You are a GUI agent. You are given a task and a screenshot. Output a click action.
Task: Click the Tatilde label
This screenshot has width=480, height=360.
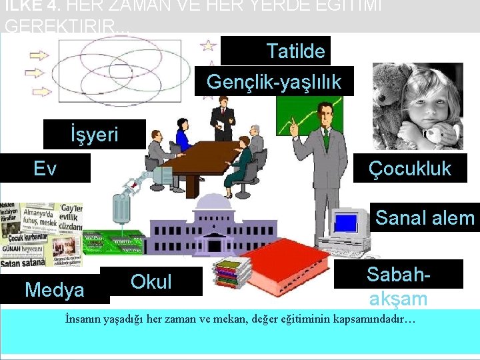coord(277,51)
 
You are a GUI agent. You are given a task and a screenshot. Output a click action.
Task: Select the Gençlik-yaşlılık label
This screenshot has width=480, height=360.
coord(274,82)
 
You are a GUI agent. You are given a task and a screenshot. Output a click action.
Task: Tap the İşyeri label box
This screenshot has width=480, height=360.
coord(94,135)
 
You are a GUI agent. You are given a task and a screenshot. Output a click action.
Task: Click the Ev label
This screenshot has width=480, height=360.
coord(45,169)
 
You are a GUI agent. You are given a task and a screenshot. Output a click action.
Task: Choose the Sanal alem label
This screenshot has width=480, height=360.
coord(425,217)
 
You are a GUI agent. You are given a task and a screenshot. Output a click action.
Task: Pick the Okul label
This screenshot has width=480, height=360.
coord(151,281)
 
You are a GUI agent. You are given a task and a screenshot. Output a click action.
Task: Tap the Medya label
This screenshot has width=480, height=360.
coord(55,290)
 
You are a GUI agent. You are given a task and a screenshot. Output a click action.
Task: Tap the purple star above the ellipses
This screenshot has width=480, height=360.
coord(209,45)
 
